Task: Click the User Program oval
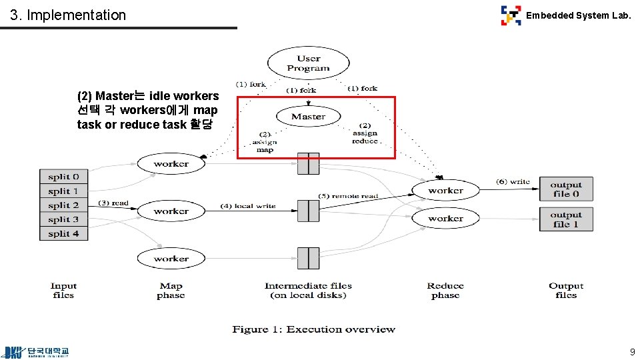coord(308,63)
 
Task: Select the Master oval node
coord(308,117)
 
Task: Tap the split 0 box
coord(63,177)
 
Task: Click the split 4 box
coord(63,233)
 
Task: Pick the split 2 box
coord(63,205)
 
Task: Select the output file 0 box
coord(566,189)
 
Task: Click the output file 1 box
coord(566,219)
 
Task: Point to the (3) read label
coord(113,203)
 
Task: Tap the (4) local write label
coord(247,206)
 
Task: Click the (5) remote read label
coord(347,196)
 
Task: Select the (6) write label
coord(513,181)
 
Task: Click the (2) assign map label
coord(265,142)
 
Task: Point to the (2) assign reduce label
coord(365,133)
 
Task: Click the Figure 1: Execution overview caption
coord(313,329)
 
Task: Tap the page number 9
coord(632,352)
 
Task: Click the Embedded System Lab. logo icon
coord(511,15)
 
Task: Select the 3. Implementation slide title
coord(68,15)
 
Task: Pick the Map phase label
coord(171,291)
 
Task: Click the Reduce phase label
coord(445,291)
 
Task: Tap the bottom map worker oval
coord(171,259)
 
